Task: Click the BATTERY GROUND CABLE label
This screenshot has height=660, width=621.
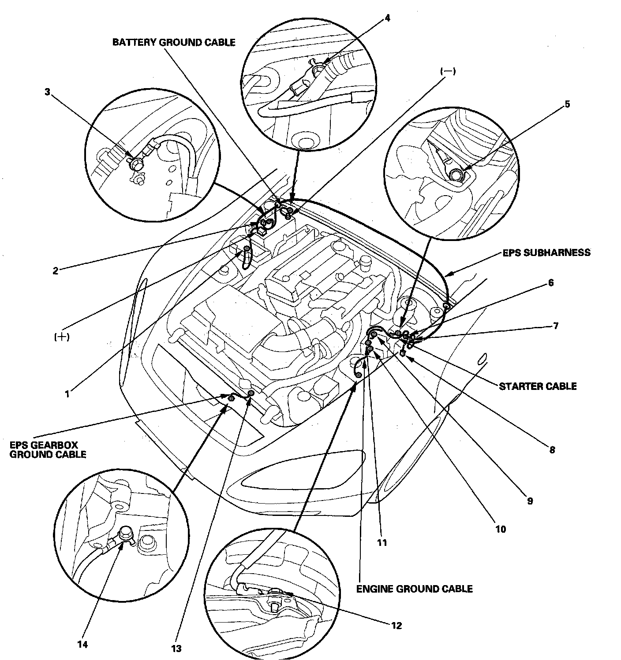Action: pyautogui.click(x=174, y=42)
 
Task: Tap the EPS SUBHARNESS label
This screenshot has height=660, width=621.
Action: pyautogui.click(x=546, y=252)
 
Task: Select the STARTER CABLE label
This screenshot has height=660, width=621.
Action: pyautogui.click(x=537, y=386)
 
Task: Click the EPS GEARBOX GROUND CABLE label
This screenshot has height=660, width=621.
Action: pyautogui.click(x=48, y=449)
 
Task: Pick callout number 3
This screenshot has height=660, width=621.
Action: pyautogui.click(x=48, y=92)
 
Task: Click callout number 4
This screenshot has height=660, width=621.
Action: pyautogui.click(x=387, y=18)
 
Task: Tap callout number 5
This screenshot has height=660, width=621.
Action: pyautogui.click(x=567, y=104)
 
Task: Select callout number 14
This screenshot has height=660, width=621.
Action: pyautogui.click(x=82, y=645)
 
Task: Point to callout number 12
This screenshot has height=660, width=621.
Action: pyautogui.click(x=397, y=625)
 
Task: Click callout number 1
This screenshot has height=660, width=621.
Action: pyautogui.click(x=67, y=394)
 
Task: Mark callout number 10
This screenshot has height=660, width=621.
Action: pyautogui.click(x=501, y=529)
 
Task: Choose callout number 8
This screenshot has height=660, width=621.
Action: pyautogui.click(x=552, y=450)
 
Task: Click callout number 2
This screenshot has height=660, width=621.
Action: pyautogui.click(x=55, y=271)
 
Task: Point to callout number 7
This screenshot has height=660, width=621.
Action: pyautogui.click(x=555, y=326)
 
